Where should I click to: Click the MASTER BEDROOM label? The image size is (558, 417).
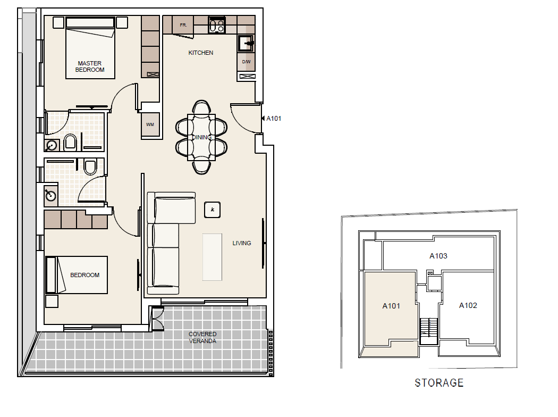click(90, 66)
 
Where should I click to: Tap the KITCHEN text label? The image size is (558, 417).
click(201, 53)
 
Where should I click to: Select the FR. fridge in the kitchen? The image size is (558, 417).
click(183, 25)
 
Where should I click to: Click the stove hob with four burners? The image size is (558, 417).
click(216, 25)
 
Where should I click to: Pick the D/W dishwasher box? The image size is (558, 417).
click(246, 62)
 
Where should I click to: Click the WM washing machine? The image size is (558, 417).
click(150, 125)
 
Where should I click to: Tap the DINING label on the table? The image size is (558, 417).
click(201, 137)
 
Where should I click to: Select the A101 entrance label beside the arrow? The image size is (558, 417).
click(274, 119)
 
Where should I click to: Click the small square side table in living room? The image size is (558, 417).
click(213, 210)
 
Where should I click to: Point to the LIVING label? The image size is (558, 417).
click(241, 243)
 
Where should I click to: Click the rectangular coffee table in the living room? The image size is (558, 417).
click(212, 257)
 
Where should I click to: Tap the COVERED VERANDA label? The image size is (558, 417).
click(202, 338)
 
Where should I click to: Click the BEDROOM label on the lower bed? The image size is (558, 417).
click(85, 275)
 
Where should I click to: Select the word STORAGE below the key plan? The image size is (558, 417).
click(439, 383)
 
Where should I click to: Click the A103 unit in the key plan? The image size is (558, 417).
click(438, 256)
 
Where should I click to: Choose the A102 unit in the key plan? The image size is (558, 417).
click(468, 305)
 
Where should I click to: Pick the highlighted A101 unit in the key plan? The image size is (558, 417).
click(391, 306)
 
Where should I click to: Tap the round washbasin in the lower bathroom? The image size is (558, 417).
click(50, 195)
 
